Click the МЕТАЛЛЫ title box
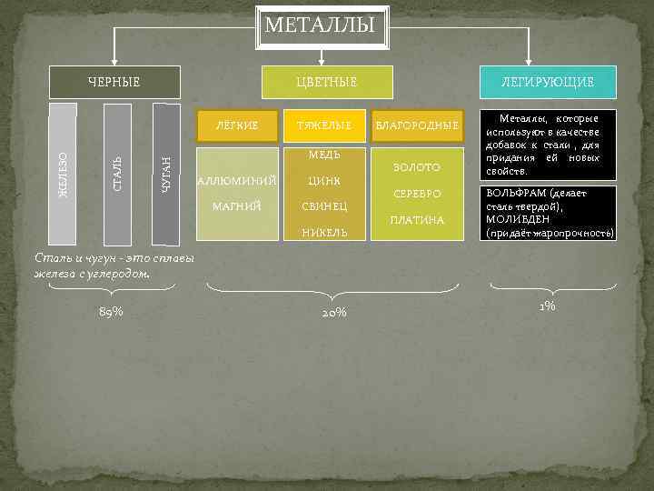320,25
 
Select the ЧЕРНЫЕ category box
114,83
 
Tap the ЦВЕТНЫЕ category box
326,83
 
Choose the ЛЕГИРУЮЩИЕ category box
549,83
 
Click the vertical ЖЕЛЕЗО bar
62,175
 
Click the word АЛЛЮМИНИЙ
237,179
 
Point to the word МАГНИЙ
237,206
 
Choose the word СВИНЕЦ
324,206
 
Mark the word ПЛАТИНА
417,220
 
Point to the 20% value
333,313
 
